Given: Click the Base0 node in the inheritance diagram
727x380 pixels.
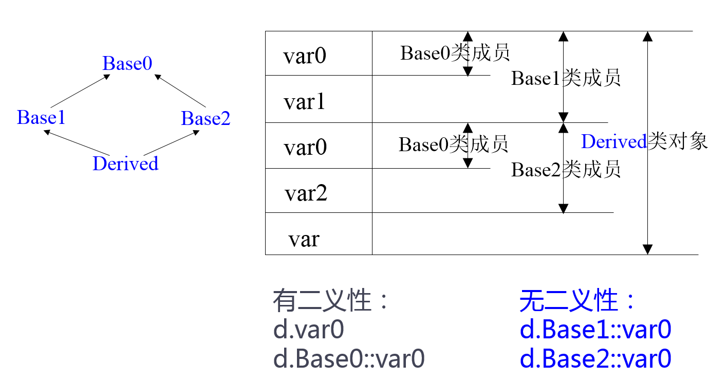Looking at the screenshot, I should [x=127, y=64].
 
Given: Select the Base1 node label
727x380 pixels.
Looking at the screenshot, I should [x=41, y=118].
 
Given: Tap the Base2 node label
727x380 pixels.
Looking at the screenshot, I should [x=206, y=119].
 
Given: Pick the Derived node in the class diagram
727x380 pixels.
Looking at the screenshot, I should [x=125, y=164].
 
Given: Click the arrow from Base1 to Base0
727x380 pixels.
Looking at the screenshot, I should [x=81, y=90].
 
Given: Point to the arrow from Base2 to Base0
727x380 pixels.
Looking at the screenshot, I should [x=180, y=91].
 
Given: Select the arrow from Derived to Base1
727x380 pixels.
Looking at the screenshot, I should [x=77, y=142].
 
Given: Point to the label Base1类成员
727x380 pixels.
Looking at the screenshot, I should [x=566, y=78].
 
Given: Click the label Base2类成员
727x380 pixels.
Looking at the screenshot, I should [x=566, y=169].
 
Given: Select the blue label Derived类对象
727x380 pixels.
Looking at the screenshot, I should [x=644, y=141].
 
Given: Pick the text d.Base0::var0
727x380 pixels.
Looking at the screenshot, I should [x=349, y=359].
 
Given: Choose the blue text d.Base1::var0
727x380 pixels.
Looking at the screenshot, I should [x=595, y=330].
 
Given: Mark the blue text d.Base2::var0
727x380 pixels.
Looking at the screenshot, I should [x=595, y=359].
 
